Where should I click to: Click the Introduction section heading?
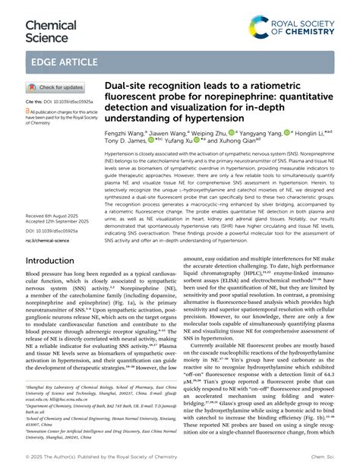click(x=56, y=261)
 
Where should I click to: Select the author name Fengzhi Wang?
click(x=125, y=132)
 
